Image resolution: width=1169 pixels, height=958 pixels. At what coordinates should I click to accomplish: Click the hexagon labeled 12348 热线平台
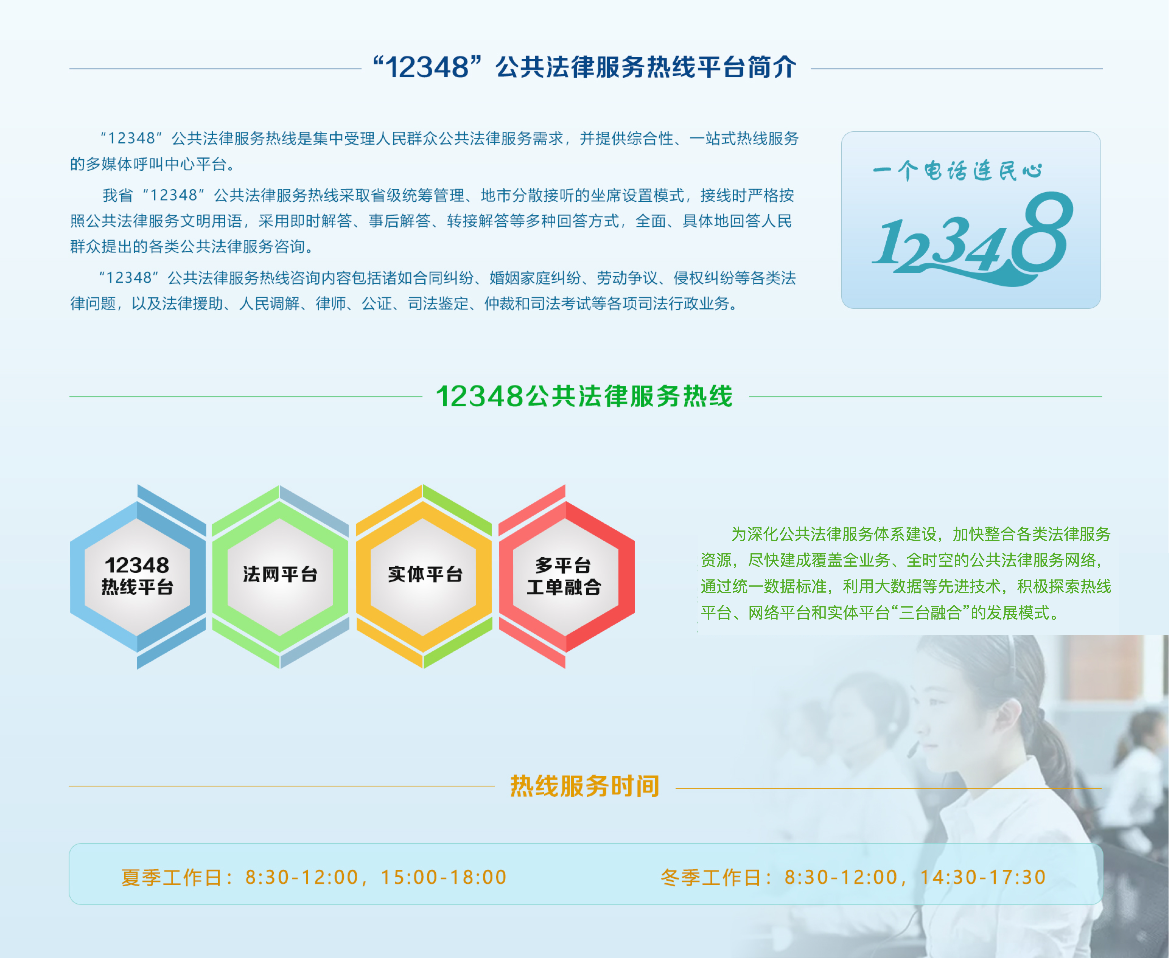tap(137, 577)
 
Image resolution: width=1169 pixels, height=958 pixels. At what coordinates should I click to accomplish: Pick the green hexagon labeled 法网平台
tap(280, 577)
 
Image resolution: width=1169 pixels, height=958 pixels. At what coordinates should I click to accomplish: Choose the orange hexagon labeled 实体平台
tap(424, 577)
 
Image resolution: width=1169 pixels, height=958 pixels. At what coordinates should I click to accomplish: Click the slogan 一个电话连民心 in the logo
tap(957, 171)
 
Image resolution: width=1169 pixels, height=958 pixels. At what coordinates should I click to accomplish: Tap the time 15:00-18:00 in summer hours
tap(444, 877)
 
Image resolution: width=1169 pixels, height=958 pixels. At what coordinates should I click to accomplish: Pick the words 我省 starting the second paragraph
tap(118, 195)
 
